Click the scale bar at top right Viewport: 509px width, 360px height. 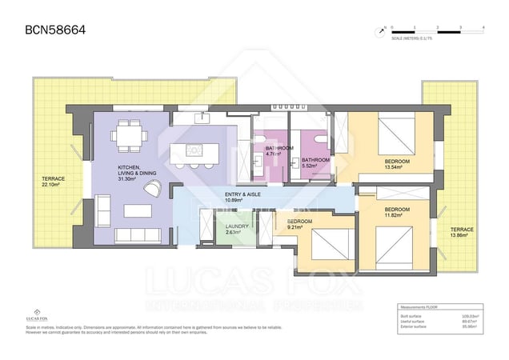[x=437, y=28]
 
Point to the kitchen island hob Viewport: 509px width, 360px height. [x=194, y=150]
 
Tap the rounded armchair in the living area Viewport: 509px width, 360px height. [x=154, y=187]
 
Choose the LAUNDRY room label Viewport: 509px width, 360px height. [x=238, y=230]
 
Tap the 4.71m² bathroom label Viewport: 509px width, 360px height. [x=279, y=151]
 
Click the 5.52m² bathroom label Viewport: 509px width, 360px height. [x=315, y=163]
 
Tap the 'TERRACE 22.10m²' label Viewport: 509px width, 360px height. [x=53, y=182]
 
